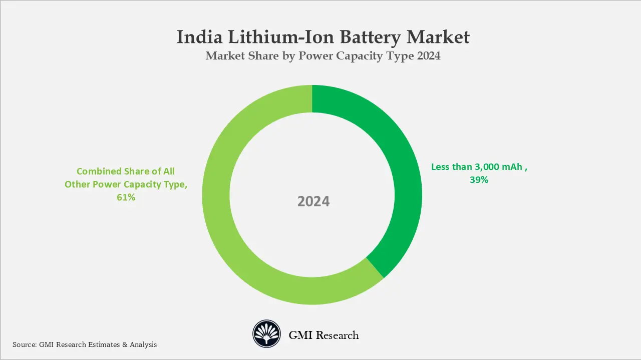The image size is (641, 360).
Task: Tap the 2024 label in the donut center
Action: click(313, 201)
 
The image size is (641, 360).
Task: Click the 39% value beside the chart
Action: click(479, 180)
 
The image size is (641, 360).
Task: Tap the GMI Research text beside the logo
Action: click(324, 335)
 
